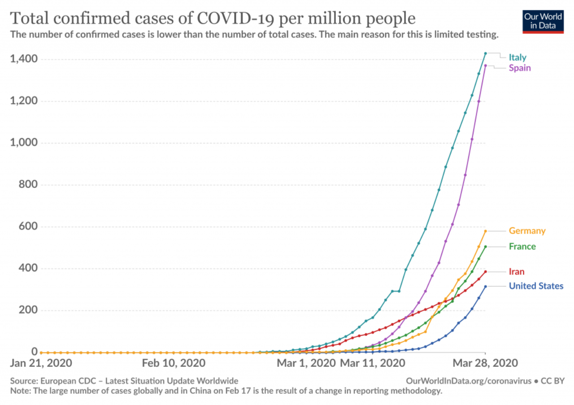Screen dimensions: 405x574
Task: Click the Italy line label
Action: click(517, 57)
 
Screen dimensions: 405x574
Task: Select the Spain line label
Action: click(519, 68)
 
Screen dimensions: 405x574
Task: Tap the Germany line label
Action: click(527, 231)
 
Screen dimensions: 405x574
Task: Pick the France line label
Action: click(522, 247)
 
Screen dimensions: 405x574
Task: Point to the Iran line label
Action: click(516, 272)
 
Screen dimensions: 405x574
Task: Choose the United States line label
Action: click(536, 286)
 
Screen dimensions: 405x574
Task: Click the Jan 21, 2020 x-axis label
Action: click(41, 363)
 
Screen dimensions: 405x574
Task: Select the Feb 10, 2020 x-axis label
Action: click(174, 363)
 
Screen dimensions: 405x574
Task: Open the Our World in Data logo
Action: click(543, 21)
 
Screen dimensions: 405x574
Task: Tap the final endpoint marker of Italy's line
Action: click(485, 53)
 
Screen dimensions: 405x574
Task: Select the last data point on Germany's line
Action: click(485, 231)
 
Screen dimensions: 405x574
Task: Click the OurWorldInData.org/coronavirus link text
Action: click(469, 381)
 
